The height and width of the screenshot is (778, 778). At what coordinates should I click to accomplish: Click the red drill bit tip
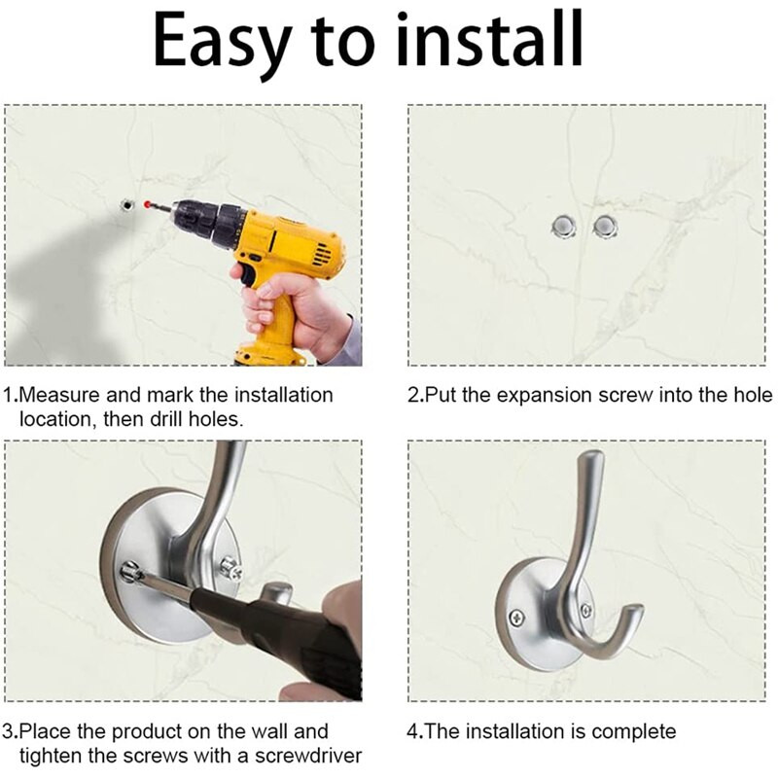pyautogui.click(x=147, y=203)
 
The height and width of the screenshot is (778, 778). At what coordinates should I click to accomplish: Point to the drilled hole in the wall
pyautogui.click(x=127, y=204)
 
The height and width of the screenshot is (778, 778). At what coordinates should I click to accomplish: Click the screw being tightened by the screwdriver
pyautogui.click(x=130, y=573)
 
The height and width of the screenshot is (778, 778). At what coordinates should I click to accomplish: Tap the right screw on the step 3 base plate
pyautogui.click(x=231, y=569)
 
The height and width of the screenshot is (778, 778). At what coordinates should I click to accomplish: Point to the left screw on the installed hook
pyautogui.click(x=517, y=618)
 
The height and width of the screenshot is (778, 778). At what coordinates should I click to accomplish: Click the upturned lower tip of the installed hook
pyautogui.click(x=636, y=611)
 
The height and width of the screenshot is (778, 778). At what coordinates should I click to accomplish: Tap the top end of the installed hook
pyautogui.click(x=591, y=455)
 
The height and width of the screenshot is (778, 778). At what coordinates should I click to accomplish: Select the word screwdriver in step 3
pyautogui.click(x=308, y=757)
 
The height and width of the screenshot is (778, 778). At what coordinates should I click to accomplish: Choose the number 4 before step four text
pyautogui.click(x=412, y=732)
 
